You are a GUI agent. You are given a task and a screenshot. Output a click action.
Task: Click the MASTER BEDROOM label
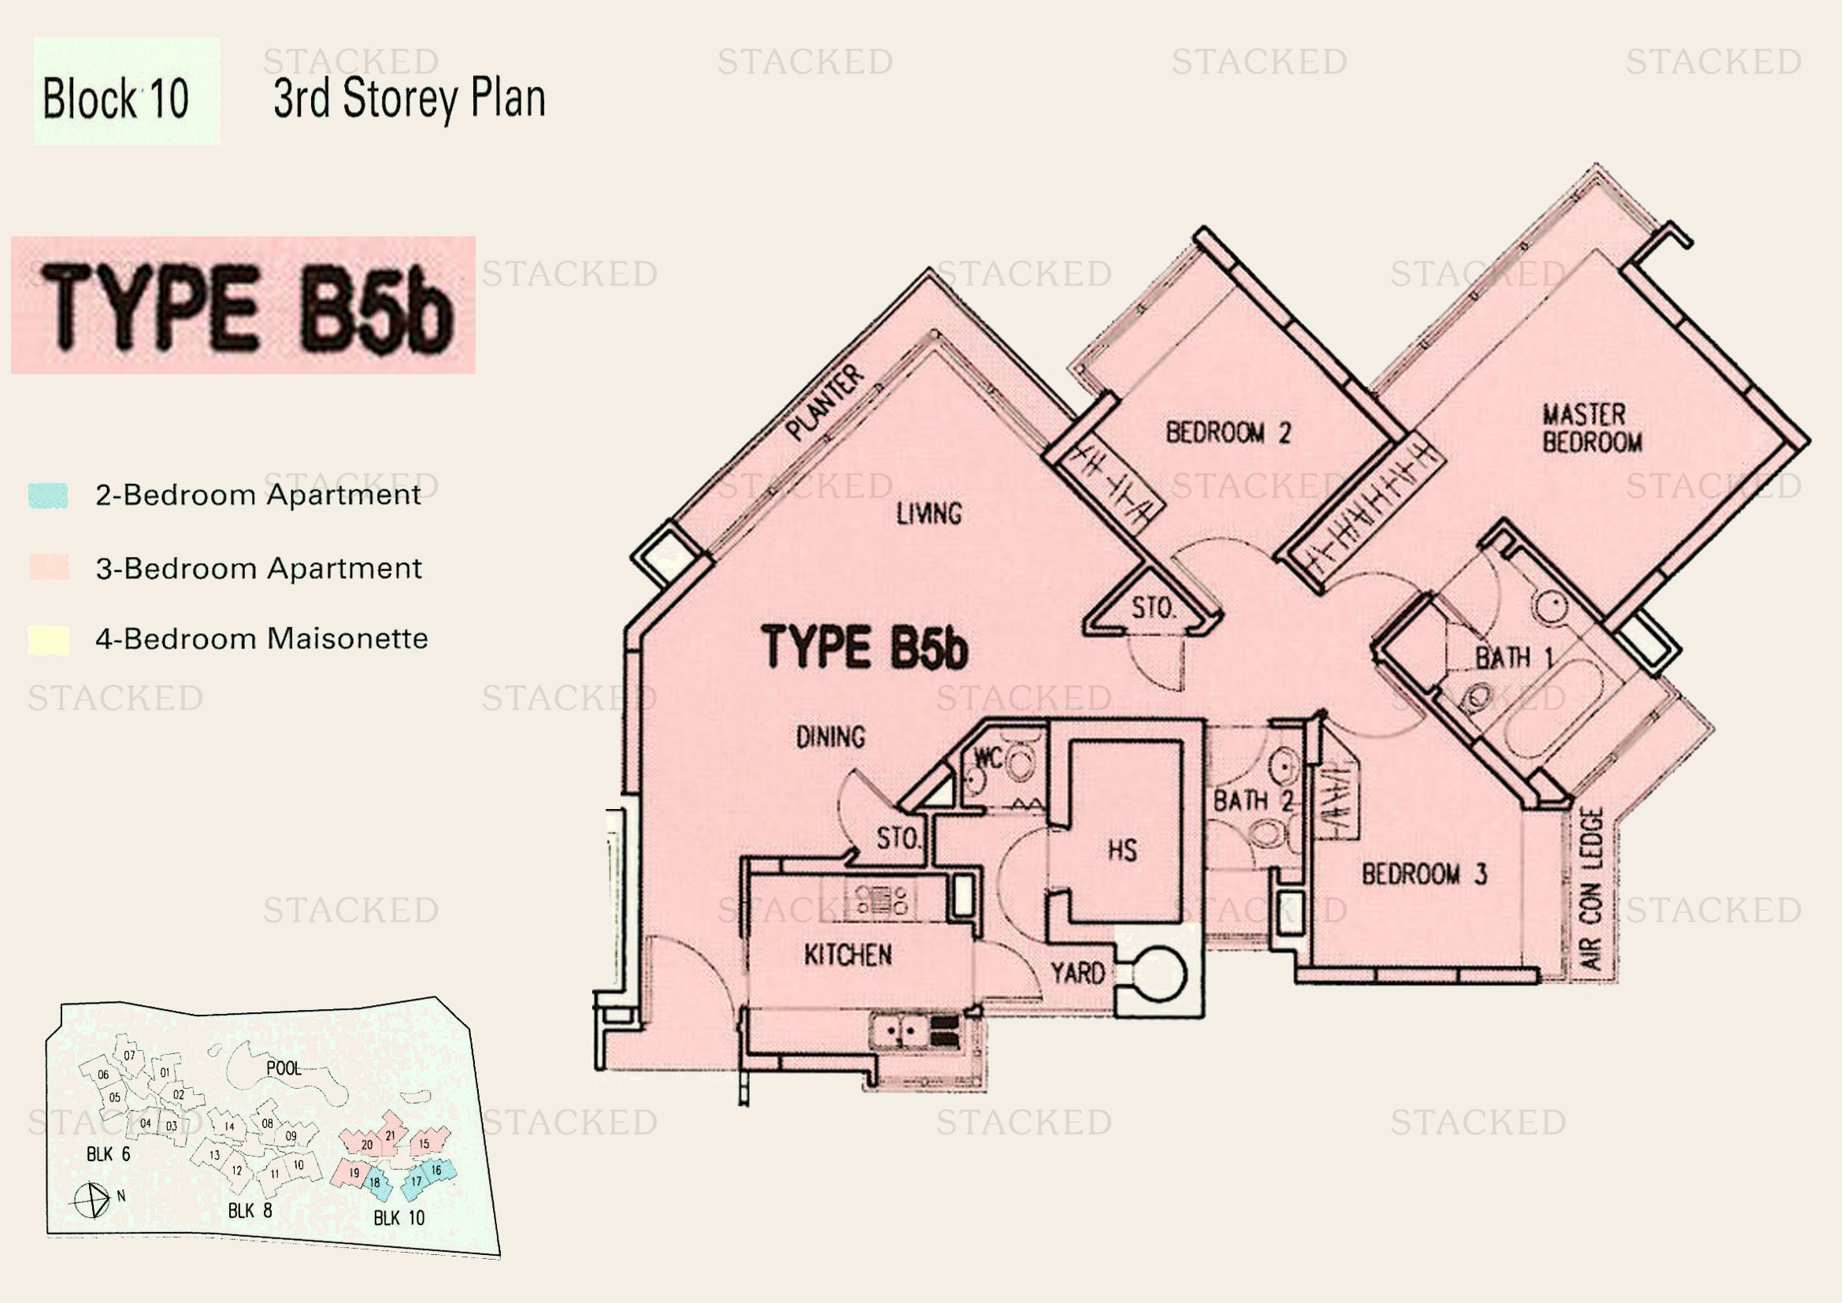(1591, 429)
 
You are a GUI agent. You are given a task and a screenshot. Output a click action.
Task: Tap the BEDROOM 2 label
(1228, 433)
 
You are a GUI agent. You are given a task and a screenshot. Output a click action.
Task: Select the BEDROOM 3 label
(1424, 874)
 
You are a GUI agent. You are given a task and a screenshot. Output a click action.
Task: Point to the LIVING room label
(929, 514)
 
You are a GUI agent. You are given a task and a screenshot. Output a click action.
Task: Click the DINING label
(830, 737)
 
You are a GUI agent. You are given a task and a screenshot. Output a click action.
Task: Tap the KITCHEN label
(848, 955)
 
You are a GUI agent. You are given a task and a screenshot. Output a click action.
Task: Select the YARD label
(1077, 973)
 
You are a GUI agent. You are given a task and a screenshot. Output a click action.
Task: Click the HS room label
(1122, 850)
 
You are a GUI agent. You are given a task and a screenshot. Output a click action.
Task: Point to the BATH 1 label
(1514, 658)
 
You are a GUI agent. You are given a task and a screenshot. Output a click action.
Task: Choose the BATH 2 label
(1252, 800)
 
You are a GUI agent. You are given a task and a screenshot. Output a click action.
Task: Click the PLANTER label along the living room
(825, 403)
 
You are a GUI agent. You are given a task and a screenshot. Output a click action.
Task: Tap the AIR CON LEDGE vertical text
(1591, 888)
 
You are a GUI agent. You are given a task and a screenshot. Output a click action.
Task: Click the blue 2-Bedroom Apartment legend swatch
(48, 495)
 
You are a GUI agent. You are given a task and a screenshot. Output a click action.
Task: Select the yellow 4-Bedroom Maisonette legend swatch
(48, 640)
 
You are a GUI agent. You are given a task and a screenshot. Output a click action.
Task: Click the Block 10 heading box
(126, 91)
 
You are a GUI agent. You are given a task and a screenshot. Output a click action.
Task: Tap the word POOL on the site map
(284, 1068)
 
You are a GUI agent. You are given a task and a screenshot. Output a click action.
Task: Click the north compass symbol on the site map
(92, 1201)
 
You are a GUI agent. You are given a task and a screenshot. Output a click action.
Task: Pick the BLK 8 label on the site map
(250, 1210)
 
